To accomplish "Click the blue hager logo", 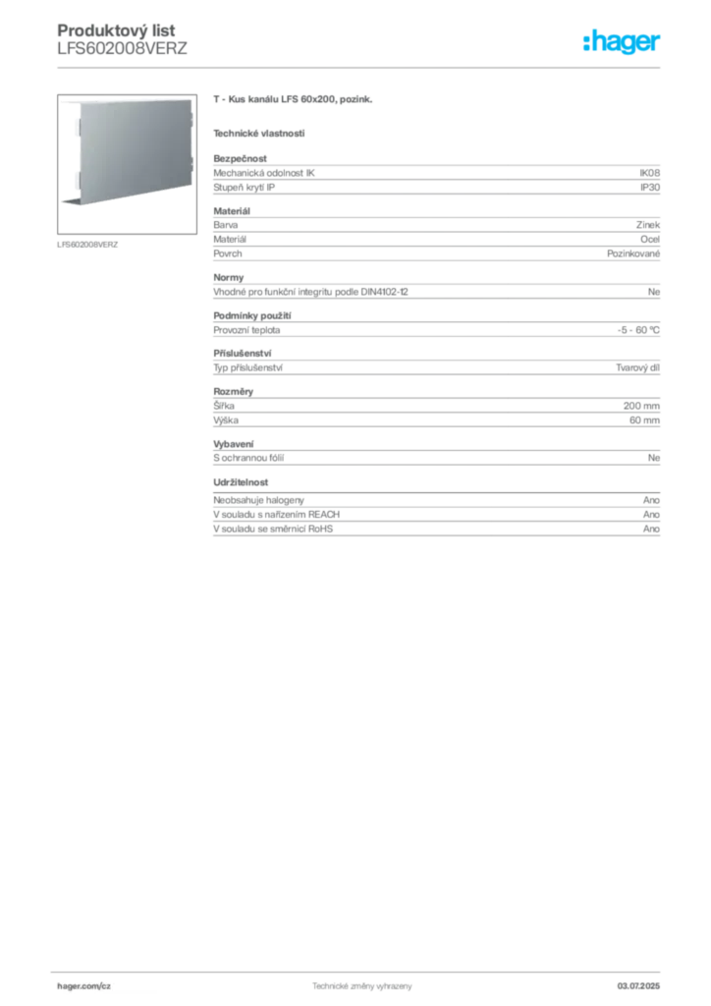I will click(624, 43).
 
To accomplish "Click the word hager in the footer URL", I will click(76, 983).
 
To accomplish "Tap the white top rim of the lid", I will click(118, 100).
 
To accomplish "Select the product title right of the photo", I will click(295, 102).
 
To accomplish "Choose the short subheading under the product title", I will click(259, 133).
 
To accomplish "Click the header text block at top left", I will click(118, 39).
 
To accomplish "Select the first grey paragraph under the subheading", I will click(435, 176).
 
